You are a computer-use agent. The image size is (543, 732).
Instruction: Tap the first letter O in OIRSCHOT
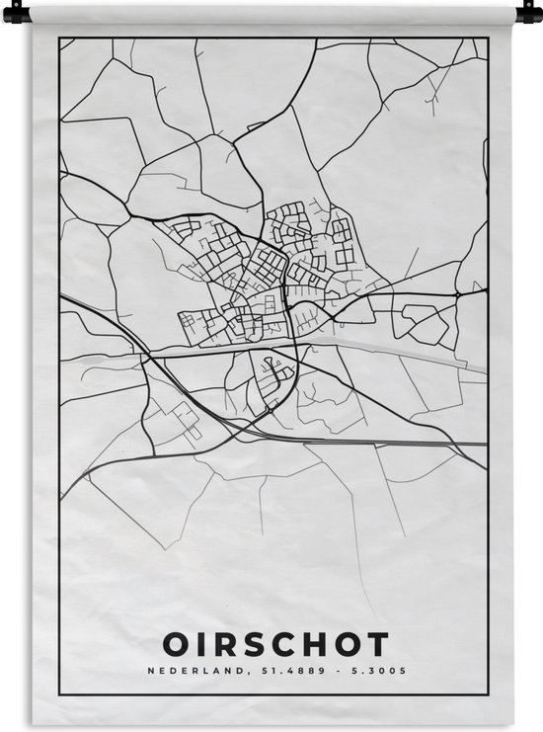click(172, 644)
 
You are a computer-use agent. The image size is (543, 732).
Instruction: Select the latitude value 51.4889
click(281, 671)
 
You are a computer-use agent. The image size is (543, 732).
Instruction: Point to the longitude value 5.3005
click(381, 671)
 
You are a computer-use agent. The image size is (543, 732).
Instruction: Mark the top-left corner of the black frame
click(59, 39)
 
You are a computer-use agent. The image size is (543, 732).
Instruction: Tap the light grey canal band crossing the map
click(395, 350)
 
